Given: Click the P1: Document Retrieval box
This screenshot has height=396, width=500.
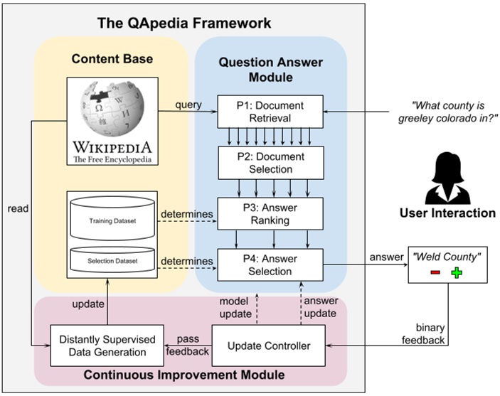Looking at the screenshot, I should click(x=270, y=112).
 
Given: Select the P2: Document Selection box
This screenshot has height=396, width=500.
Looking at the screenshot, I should click(x=270, y=163).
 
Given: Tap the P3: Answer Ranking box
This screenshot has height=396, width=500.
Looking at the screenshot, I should click(x=270, y=214).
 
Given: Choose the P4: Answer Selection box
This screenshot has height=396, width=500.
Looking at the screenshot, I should click(x=270, y=264).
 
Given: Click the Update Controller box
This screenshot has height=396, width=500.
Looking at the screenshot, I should click(x=269, y=346).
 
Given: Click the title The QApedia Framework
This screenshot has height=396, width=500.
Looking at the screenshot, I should click(x=184, y=23).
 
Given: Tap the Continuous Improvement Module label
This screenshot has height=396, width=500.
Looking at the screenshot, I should click(x=191, y=374).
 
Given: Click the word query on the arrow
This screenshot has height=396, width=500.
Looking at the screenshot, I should click(x=188, y=105).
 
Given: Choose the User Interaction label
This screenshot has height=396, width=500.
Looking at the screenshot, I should click(x=447, y=213).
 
